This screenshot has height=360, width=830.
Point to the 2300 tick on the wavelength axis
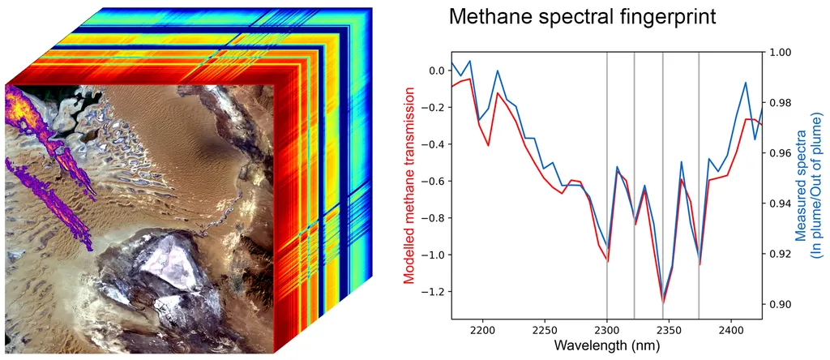[x=607, y=331]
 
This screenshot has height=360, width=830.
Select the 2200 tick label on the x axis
[x=483, y=331]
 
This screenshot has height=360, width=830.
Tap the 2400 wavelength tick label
[x=731, y=331]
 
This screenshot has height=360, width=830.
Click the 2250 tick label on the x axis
[x=545, y=331]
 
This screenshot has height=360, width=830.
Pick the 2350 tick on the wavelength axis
[x=670, y=331]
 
